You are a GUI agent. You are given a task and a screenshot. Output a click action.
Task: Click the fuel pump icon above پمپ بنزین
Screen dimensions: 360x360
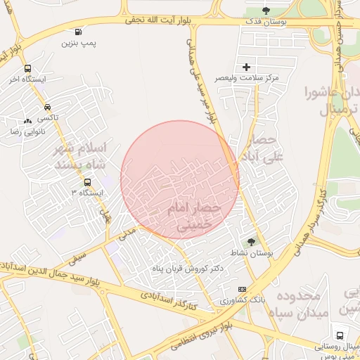click(77, 31)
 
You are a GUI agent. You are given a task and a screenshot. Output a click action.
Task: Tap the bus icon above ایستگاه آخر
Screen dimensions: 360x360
click(27, 68)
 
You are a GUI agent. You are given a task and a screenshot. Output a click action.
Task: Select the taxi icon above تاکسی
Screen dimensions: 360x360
click(47, 108)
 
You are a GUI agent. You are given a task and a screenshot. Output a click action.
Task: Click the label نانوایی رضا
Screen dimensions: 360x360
click(25, 131)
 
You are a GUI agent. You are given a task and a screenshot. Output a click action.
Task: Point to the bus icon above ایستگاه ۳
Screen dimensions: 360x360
click(87, 181)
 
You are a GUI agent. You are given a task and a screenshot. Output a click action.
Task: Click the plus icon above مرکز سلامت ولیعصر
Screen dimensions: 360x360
click(246, 67)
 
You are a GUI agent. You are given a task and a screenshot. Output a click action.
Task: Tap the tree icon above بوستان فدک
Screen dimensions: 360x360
click(266, 11)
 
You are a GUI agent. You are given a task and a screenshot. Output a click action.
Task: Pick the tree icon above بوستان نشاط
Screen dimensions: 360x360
click(251, 242)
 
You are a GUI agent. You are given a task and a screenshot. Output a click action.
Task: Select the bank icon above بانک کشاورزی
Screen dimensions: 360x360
click(243, 289)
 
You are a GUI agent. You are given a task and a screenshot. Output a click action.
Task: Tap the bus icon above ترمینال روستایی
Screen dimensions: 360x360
click(340, 335)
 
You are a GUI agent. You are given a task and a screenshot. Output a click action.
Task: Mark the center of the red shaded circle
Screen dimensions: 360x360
click(180, 179)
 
